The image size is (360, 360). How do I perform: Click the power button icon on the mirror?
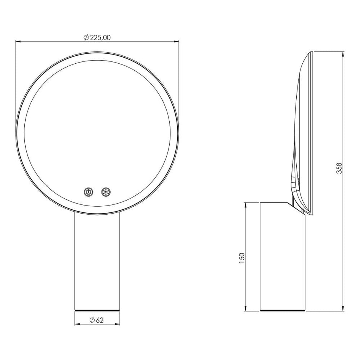click(x=88, y=192)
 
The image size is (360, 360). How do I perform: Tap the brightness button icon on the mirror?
click(x=106, y=192)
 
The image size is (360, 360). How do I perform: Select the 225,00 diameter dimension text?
click(x=100, y=38)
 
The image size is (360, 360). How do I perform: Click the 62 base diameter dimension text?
click(x=100, y=320)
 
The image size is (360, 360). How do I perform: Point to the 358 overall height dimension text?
click(x=339, y=168)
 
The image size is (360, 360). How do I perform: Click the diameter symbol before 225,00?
click(x=86, y=38)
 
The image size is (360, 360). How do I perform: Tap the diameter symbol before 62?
click(x=93, y=320)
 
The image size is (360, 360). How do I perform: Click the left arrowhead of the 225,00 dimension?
click(x=18, y=42)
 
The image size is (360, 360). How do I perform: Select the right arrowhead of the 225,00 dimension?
click(x=176, y=42)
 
